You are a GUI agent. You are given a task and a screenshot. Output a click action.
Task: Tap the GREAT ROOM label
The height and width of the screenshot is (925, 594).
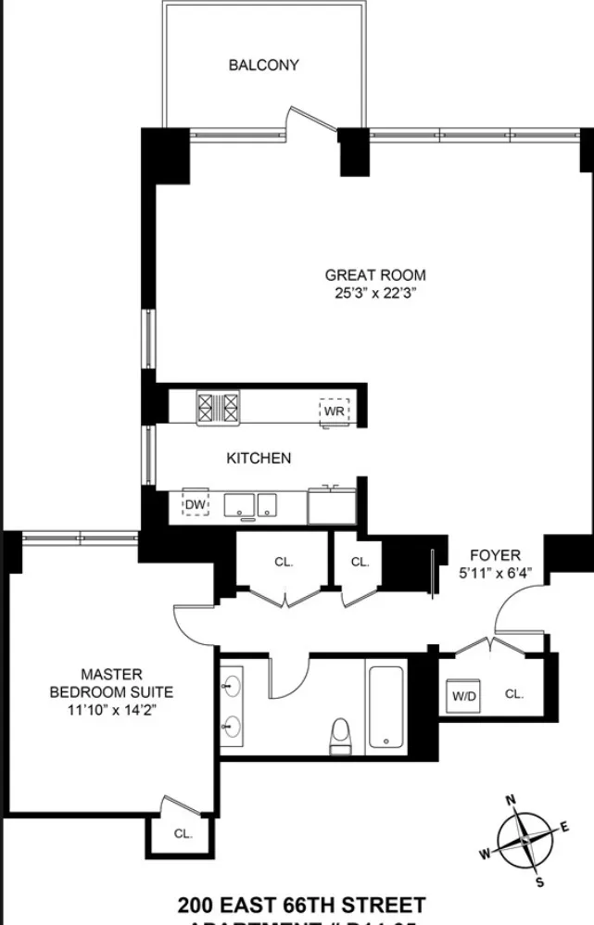coord(375,274)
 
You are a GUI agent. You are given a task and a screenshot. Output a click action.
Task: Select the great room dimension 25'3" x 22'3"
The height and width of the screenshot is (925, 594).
coord(375,293)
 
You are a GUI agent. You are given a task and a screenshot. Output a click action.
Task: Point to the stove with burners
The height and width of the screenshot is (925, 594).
coord(218,409)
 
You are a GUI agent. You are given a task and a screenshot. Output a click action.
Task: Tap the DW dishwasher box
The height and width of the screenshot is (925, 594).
coord(195,503)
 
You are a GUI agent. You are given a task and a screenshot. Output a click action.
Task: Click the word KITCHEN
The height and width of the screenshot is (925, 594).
coord(259,458)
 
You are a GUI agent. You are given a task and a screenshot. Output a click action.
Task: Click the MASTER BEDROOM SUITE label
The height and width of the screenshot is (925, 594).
coord(111,682)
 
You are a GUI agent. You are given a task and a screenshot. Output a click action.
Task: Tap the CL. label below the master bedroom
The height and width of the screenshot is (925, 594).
coord(183,833)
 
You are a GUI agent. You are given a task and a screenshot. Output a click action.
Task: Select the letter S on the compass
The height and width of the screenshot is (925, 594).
coord(540,880)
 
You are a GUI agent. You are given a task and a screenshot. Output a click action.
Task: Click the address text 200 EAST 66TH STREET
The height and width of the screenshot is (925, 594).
coord(301,905)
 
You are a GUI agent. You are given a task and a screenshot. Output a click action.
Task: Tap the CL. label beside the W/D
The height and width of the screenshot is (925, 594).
coord(514,693)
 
